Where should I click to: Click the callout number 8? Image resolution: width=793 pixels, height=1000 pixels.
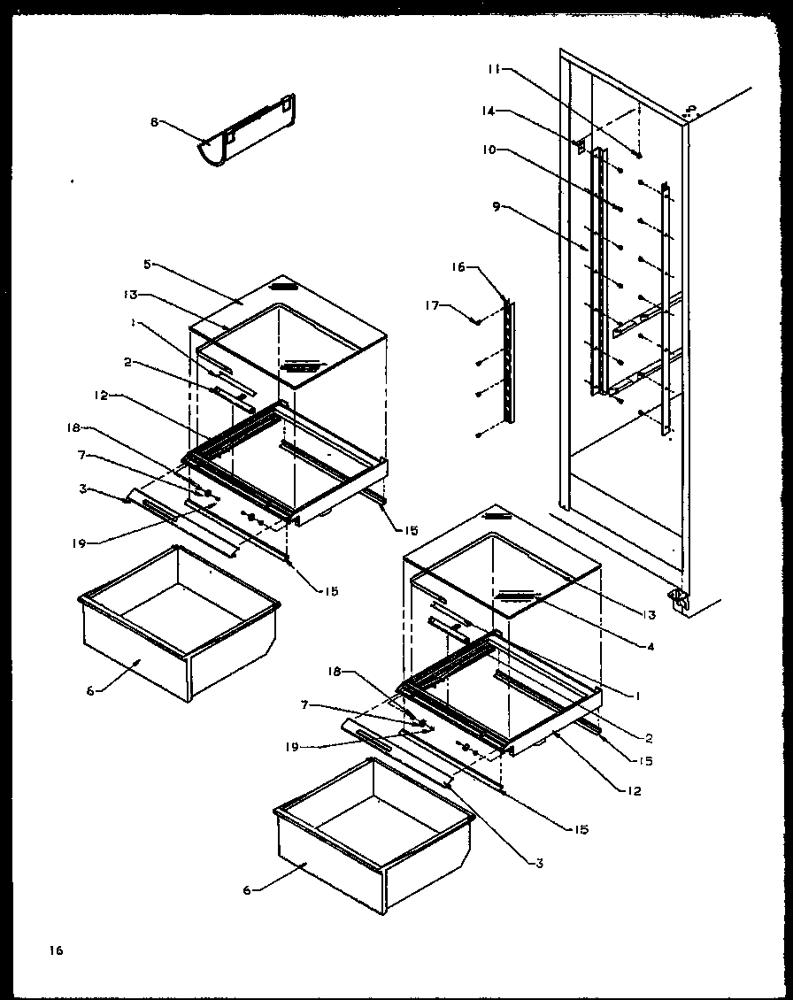coord(153,122)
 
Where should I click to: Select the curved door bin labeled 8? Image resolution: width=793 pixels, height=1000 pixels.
coord(248,134)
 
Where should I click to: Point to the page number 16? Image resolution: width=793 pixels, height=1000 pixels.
coord(56,951)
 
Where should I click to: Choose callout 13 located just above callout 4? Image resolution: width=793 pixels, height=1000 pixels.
coord(649,615)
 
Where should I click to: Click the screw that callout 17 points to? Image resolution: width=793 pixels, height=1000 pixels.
coord(477,322)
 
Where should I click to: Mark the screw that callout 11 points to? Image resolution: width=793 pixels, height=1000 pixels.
coord(638,156)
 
